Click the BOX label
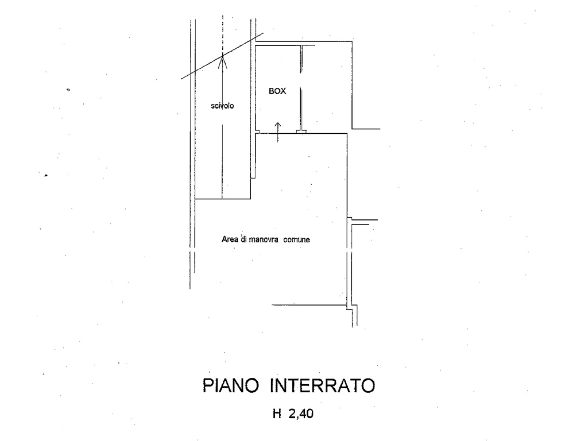[x=277, y=91]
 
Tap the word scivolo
[x=222, y=106]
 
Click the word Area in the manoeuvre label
[x=230, y=239]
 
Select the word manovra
[x=264, y=239]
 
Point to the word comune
[x=297, y=239]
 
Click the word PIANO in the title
[x=231, y=386]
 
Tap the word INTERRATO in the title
[x=323, y=386]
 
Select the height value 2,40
[x=301, y=413]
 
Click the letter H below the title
[x=277, y=413]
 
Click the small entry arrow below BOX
[x=277, y=132]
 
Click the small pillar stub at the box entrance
[x=301, y=131]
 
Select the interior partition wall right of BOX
[x=301, y=88]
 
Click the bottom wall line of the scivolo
[x=223, y=199]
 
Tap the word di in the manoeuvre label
[x=244, y=239]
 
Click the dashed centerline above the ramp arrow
[x=222, y=34]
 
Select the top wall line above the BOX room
[x=304, y=41]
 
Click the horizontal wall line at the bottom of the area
[x=309, y=305]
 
